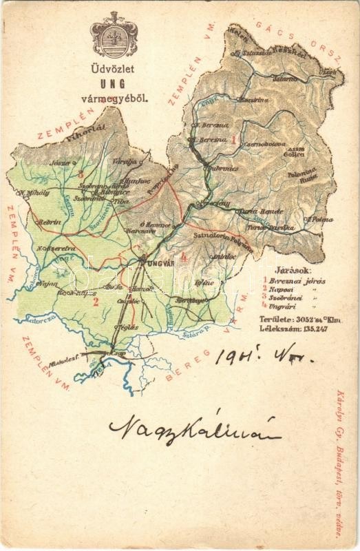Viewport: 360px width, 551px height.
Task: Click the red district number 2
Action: click(x=96, y=301)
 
